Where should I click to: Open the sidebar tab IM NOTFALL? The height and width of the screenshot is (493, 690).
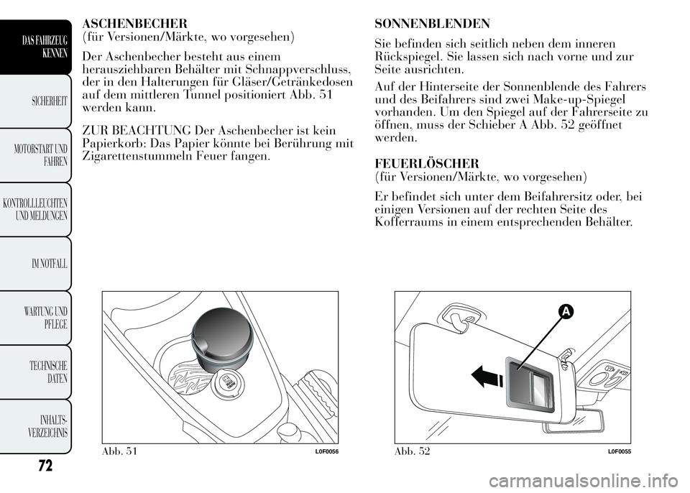[x=48, y=264]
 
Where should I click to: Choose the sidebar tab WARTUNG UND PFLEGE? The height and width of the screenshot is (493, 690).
[x=47, y=317]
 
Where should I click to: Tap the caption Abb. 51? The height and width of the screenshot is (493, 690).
[x=119, y=451]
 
